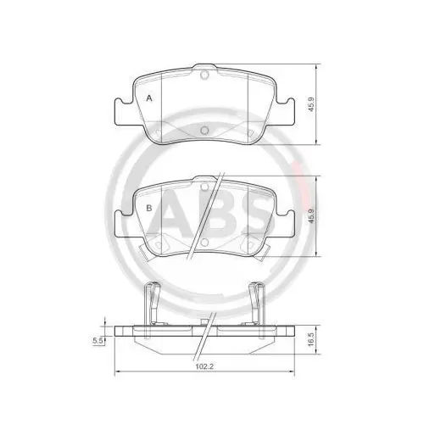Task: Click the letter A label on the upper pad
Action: pyautogui.click(x=150, y=98)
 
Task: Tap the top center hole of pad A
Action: pyautogui.click(x=204, y=75)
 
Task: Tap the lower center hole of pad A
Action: pyautogui.click(x=204, y=130)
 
